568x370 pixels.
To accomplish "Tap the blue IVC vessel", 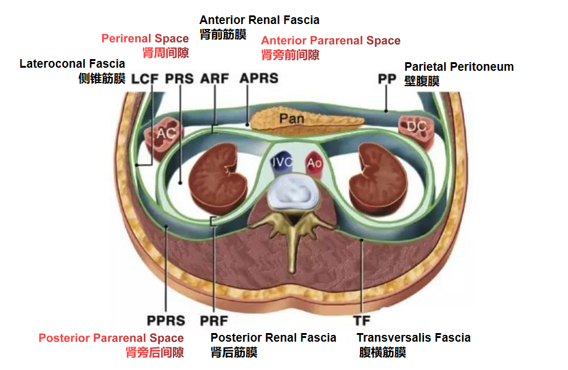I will point(284,163).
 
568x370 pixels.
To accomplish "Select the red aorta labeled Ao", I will point(314,163).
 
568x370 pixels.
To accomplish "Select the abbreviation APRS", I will point(258,79).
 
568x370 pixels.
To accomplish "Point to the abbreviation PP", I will point(387,79).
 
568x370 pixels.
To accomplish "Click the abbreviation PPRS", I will point(166,321).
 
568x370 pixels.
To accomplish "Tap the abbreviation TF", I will point(361,321).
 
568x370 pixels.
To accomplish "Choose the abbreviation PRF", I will point(214,321).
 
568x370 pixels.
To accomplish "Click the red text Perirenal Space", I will point(145,39).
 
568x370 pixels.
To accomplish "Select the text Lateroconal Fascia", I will point(72,63).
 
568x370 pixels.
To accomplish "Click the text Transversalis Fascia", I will point(414,337).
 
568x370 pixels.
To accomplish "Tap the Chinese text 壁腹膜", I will point(422,81).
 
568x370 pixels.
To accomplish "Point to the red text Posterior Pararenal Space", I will point(111,338).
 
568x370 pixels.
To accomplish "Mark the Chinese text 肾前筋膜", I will point(223,35).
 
